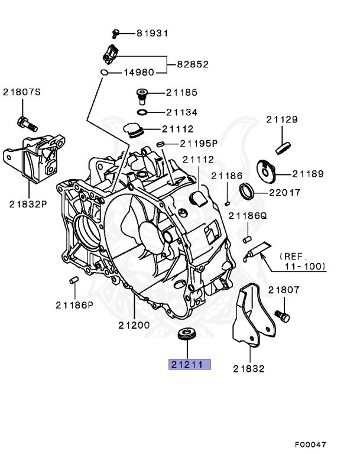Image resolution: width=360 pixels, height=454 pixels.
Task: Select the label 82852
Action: point(193,64)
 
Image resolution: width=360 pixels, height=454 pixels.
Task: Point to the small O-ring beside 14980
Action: point(104,73)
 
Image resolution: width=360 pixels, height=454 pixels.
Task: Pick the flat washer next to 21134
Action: point(142,112)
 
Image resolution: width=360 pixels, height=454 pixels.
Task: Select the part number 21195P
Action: point(199,143)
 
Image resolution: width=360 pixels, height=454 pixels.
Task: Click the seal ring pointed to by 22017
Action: point(247,190)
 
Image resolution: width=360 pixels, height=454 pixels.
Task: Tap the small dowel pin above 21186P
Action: point(73,280)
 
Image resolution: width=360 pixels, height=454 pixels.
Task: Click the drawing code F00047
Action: point(311,443)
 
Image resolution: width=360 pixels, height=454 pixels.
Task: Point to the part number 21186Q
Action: point(248,216)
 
